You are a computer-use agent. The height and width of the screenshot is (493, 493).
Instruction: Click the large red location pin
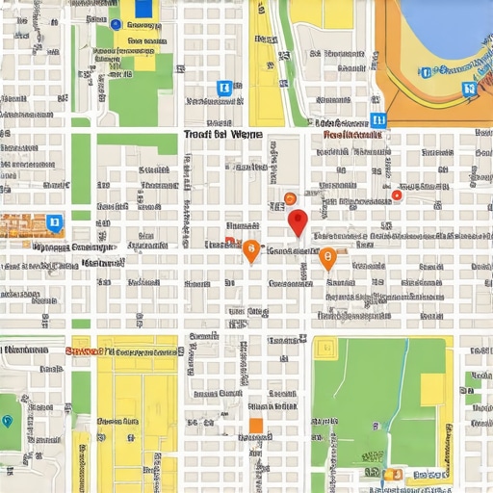[x=298, y=221]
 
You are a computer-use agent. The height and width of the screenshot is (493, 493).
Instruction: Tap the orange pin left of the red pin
[x=250, y=250]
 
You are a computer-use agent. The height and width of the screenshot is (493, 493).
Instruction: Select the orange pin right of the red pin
[x=327, y=257]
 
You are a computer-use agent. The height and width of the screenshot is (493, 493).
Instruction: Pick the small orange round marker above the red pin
[x=290, y=200]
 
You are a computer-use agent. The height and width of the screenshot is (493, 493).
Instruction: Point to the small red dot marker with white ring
[x=396, y=195]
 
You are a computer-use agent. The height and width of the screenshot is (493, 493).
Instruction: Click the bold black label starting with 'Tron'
[x=221, y=136]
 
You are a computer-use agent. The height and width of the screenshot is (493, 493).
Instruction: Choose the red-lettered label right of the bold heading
[x=352, y=136]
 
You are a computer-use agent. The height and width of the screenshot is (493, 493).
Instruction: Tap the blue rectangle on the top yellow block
[x=144, y=9]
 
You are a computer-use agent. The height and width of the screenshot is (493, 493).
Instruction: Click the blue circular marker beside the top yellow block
[x=116, y=24]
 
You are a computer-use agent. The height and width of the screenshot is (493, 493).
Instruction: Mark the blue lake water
[x=443, y=24]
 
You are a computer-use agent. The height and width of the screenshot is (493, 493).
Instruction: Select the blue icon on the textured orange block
[x=54, y=223]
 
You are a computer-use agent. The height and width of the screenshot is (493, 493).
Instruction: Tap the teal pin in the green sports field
[x=8, y=421]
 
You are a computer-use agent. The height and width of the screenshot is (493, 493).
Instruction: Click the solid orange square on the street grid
[x=256, y=426]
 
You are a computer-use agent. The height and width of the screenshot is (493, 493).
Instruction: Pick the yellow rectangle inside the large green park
[x=432, y=388]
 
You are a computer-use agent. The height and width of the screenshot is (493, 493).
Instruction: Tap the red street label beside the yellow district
[x=84, y=351]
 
